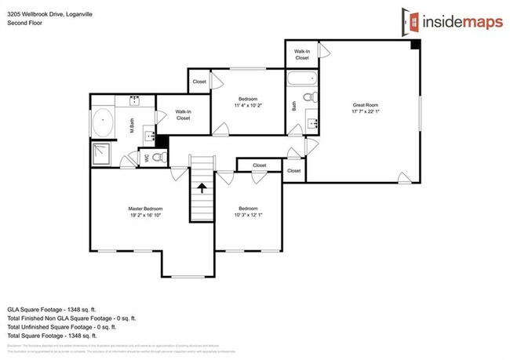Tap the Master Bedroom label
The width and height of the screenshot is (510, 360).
point(145,209)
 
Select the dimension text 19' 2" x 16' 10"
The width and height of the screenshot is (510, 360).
point(145,215)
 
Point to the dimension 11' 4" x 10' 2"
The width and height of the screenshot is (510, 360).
point(248,104)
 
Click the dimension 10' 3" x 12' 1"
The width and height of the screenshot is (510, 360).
point(249,215)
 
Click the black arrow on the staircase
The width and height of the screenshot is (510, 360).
point(202,188)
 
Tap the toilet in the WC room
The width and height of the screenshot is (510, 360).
point(158,158)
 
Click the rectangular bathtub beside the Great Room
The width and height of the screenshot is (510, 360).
point(301,79)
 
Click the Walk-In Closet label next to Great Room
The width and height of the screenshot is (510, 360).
point(302,53)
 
